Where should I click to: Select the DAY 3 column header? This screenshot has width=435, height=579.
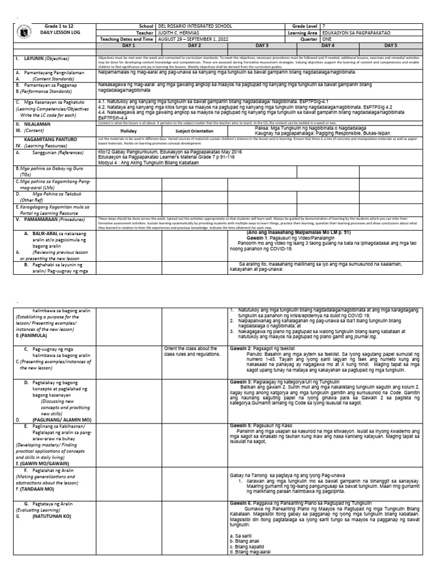(x=262, y=45)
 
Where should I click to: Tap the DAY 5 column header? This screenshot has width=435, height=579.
(x=391, y=45)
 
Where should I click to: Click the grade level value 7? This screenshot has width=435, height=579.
(x=323, y=27)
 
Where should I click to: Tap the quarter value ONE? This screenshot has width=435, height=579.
(x=327, y=39)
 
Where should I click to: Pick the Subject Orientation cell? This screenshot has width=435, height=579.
(x=195, y=130)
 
